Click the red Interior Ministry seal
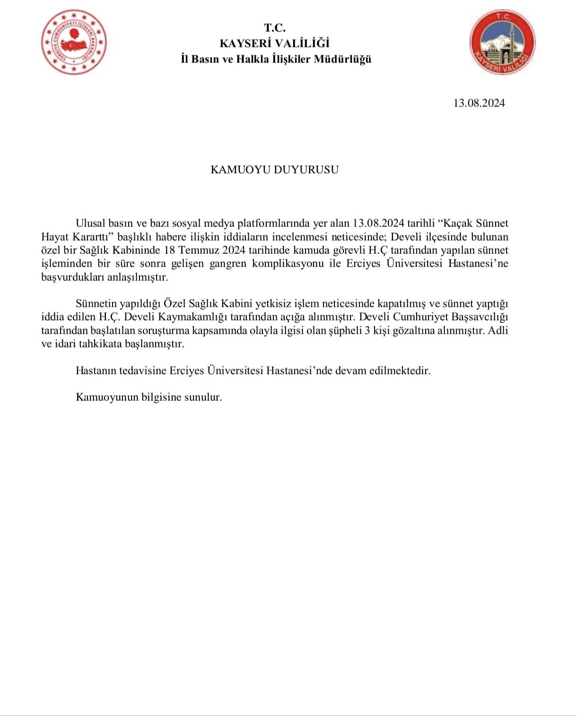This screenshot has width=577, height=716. click(74, 42)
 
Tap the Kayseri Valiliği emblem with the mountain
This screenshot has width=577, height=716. click(502, 43)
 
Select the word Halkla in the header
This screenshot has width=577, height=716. click(253, 59)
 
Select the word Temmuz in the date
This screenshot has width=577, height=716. click(201, 250)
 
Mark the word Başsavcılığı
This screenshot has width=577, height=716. click(480, 317)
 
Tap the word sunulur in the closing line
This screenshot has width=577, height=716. click(204, 397)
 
